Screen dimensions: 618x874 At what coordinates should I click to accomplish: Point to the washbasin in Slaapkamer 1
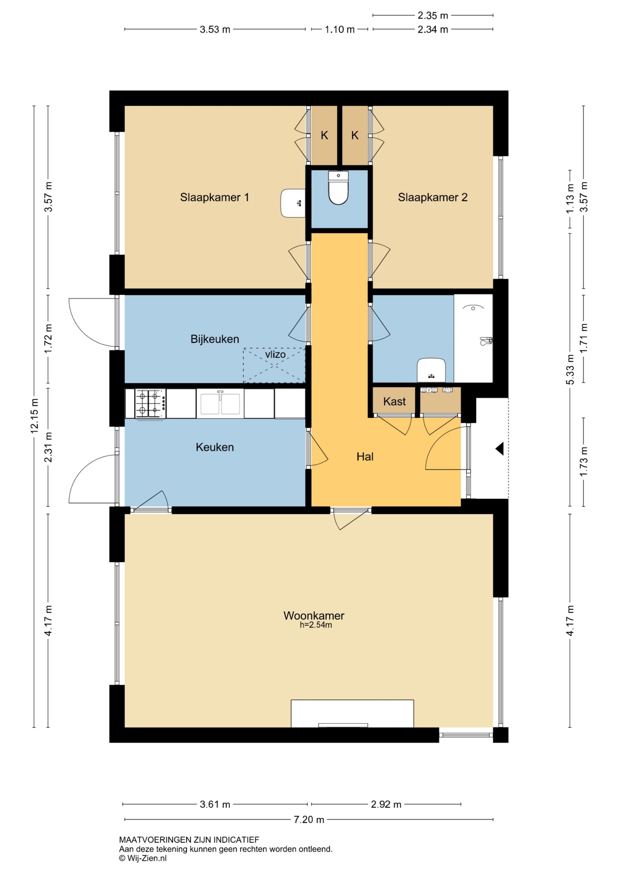click(x=293, y=203)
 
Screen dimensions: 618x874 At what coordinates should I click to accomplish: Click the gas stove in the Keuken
click(x=150, y=403)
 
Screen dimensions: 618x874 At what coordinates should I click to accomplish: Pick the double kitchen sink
click(x=220, y=403)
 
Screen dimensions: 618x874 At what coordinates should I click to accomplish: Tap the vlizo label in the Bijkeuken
click(x=275, y=354)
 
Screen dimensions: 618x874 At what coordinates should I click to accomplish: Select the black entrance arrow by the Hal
click(x=500, y=449)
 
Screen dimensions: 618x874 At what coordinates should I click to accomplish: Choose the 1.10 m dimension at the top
click(x=340, y=29)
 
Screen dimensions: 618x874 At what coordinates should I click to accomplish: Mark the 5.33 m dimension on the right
click(x=570, y=370)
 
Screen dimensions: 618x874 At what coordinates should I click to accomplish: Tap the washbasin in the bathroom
click(x=431, y=370)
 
